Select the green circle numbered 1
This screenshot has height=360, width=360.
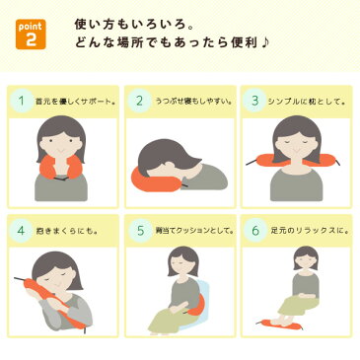(22, 100)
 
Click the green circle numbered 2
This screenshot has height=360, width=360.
(141, 100)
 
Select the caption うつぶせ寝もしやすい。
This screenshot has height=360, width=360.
(191, 101)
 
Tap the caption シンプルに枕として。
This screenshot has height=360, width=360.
(306, 101)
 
